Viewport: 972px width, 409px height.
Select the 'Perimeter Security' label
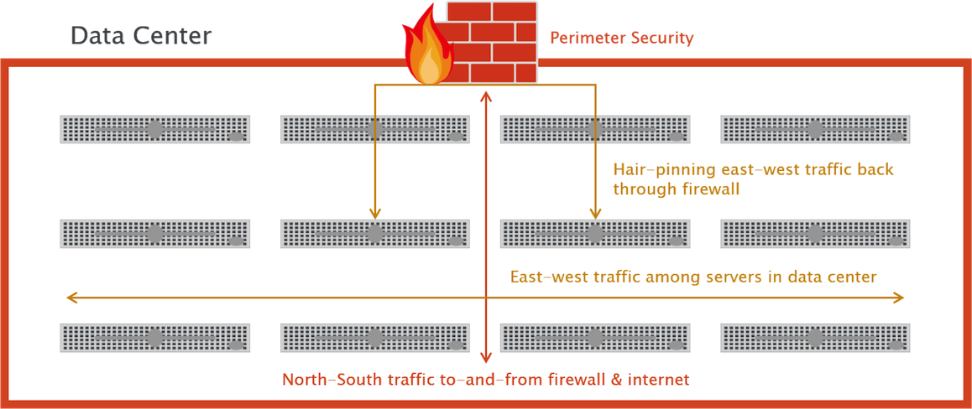[x=621, y=38]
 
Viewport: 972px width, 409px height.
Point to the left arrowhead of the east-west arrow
[x=71, y=297]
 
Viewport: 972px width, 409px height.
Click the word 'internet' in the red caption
[x=659, y=380]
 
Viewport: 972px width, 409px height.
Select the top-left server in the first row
[x=154, y=130]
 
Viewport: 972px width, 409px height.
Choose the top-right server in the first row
[x=815, y=130]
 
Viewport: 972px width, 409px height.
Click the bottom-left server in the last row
[x=154, y=337]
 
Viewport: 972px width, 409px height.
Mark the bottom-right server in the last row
[x=815, y=337]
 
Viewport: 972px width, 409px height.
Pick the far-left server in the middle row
[x=154, y=234]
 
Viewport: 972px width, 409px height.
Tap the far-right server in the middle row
[x=815, y=234]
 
